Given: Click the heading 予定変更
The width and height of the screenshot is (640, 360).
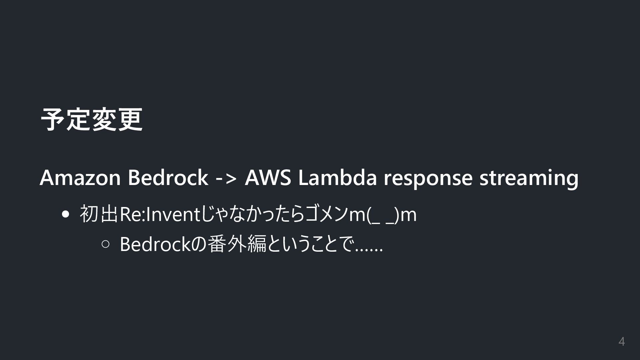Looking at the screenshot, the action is (x=91, y=120).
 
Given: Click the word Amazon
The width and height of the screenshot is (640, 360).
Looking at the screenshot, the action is (x=80, y=177).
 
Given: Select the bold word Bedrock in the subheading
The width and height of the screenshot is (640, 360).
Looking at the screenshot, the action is (x=168, y=177).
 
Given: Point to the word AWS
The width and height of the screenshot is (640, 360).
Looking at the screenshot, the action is (x=268, y=177).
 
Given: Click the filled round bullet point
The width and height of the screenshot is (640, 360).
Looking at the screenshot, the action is (x=66, y=214).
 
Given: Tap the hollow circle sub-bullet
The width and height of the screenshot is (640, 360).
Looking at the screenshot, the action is (x=105, y=244).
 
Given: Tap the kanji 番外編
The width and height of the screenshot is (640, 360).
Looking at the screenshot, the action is (x=237, y=244).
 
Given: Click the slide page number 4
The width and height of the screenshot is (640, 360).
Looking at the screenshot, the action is (x=621, y=342).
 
